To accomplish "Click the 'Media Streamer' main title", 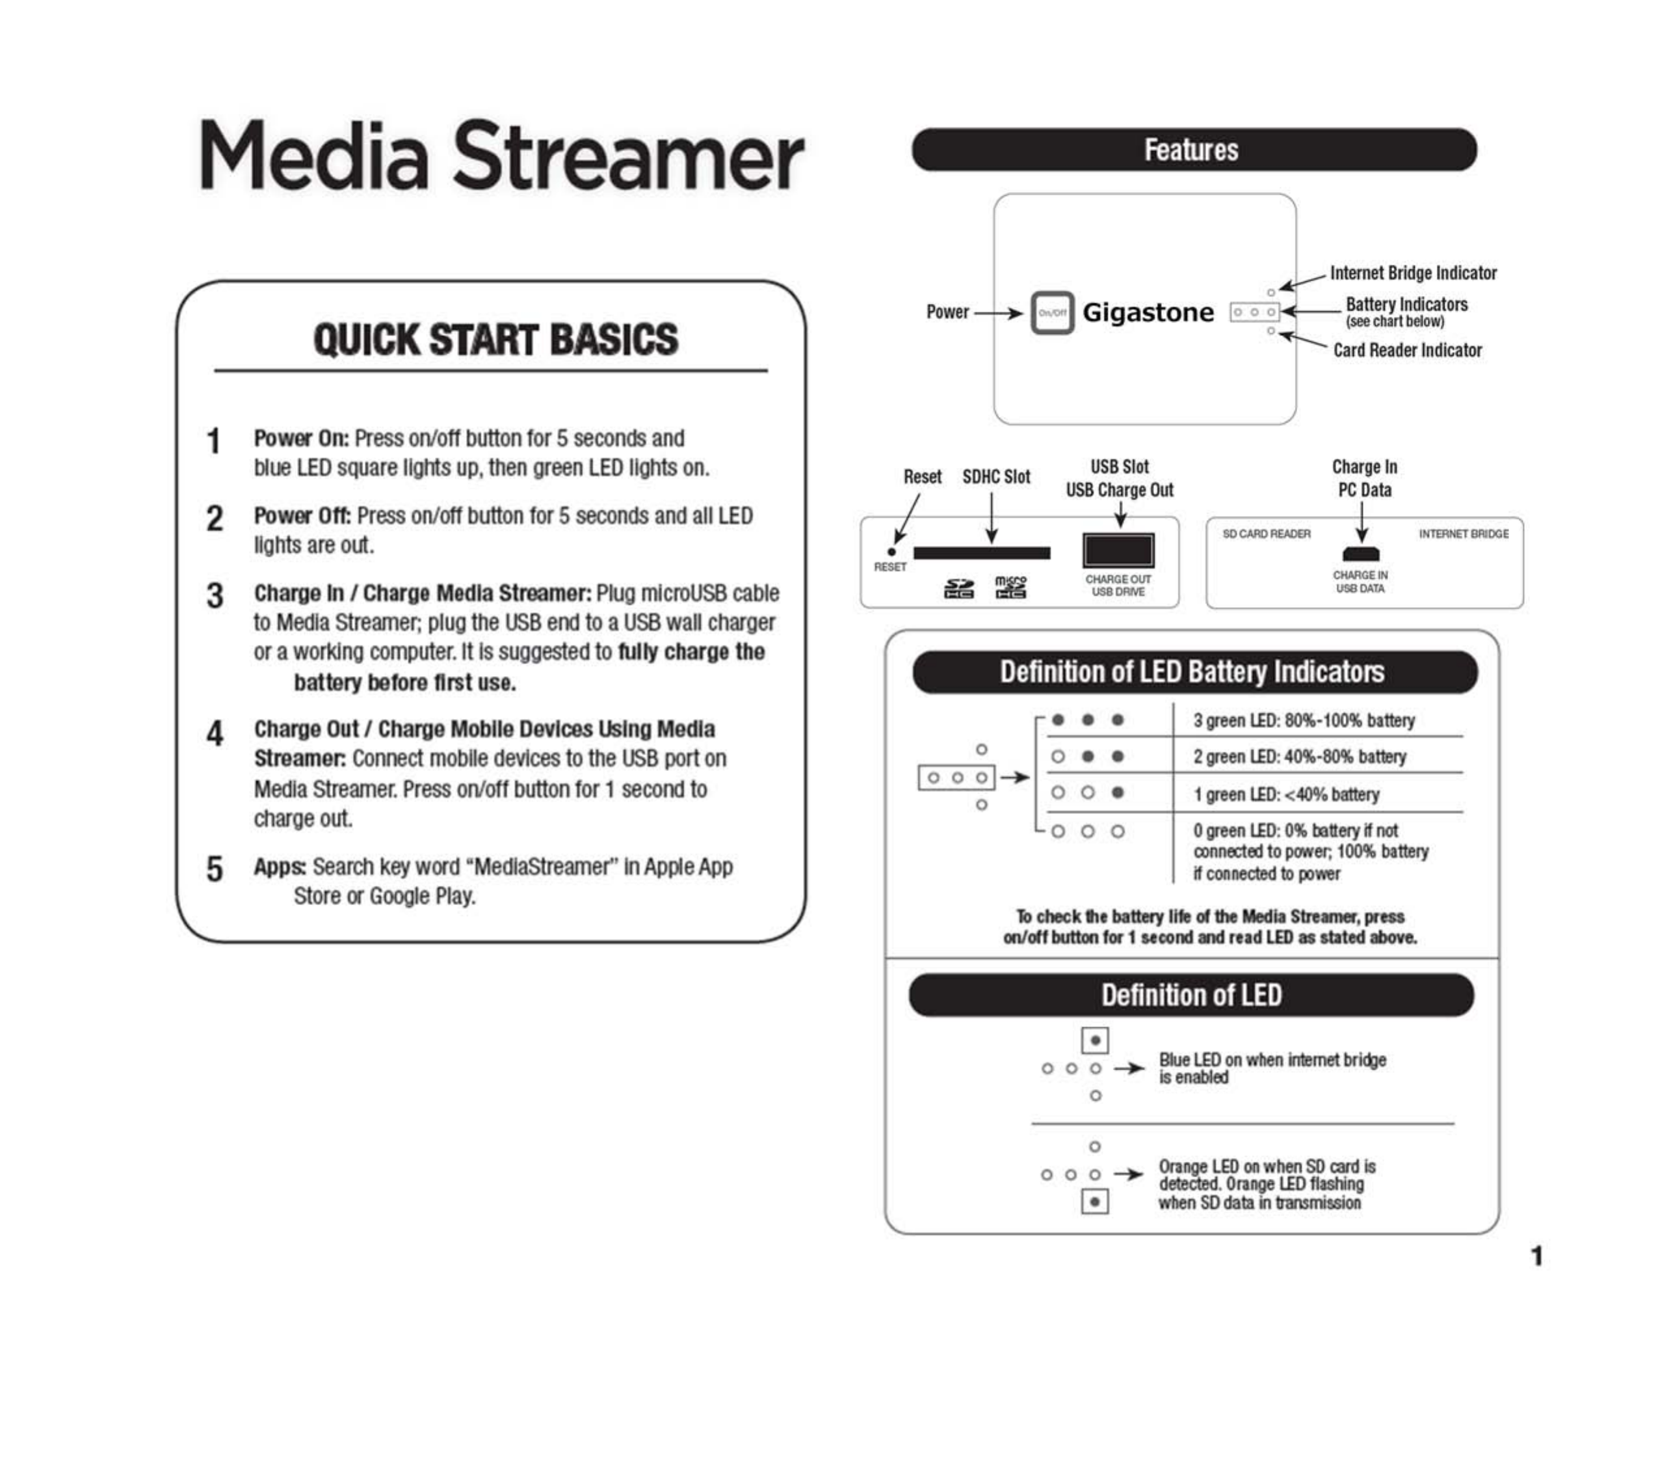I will [501, 155].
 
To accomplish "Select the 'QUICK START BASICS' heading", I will [495, 339].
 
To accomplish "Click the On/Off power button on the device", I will [1052, 312].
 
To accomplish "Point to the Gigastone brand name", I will [1148, 312].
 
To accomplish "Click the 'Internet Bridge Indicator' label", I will [1413, 273].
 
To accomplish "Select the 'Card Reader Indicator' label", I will [1408, 350].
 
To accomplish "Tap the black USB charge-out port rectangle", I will [1118, 551].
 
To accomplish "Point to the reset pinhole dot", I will [891, 552].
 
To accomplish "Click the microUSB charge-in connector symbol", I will [1360, 554].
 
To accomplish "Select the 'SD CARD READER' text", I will [1266, 534].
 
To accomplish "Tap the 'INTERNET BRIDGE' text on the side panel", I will [1464, 534].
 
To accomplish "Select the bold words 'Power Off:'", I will [302, 515].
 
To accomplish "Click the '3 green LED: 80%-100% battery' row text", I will [1304, 721].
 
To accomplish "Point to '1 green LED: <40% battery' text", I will [1285, 794].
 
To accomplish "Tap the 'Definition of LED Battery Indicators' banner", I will [1193, 672].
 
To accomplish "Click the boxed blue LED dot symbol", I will [1095, 1040].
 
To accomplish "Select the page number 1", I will [1536, 1256].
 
